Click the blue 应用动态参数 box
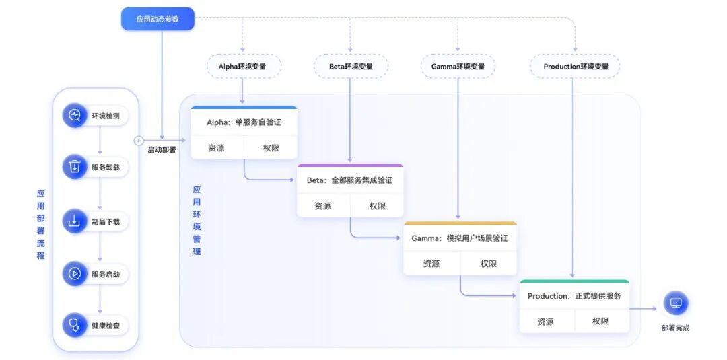[x=158, y=19]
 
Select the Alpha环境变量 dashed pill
[x=242, y=67]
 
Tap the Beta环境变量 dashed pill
[x=350, y=67]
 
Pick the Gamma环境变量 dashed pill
[x=458, y=67]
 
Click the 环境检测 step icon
[x=75, y=116]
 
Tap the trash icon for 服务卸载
[x=75, y=166]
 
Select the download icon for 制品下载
[x=75, y=221]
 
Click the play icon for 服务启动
[x=75, y=274]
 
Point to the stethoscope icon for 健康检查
[x=75, y=326]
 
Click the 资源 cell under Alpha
[x=216, y=148]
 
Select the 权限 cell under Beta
[x=377, y=206]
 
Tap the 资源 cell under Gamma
[x=431, y=264]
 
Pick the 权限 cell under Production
[x=600, y=322]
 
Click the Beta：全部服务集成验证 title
[x=349, y=180]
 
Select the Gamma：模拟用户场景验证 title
[x=460, y=238]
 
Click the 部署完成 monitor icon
[x=675, y=303]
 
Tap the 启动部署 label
[x=162, y=150]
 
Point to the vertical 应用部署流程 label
[x=41, y=224]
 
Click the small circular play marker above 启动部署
[x=139, y=141]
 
